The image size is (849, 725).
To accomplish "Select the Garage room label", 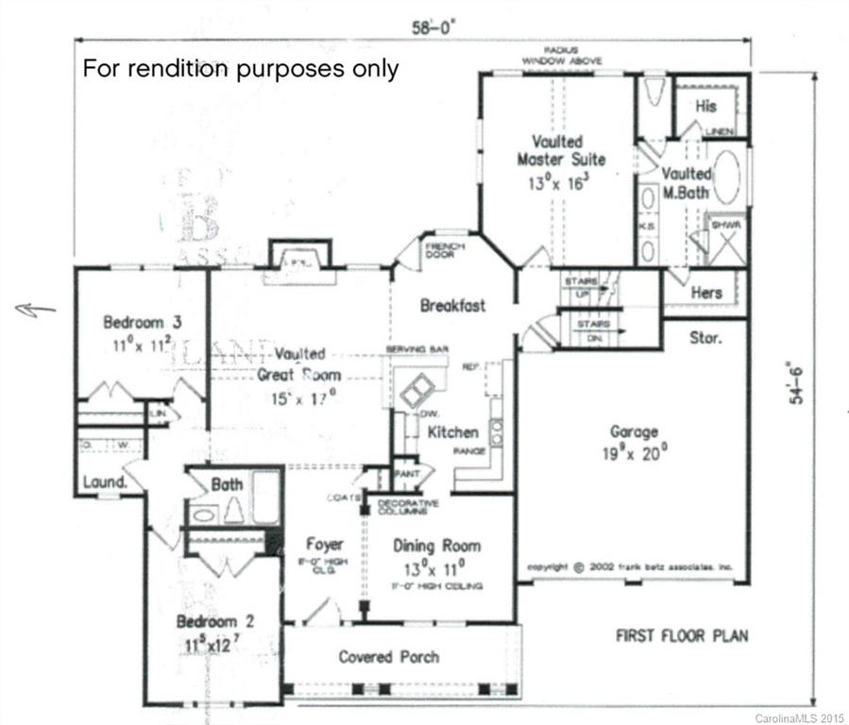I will [x=633, y=432].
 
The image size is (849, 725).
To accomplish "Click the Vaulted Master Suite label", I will [x=561, y=151].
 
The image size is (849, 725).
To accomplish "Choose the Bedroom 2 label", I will [x=214, y=623].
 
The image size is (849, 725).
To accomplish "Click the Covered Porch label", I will [x=388, y=656].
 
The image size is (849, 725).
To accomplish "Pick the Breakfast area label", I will [x=452, y=305].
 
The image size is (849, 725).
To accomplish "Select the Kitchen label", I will [x=453, y=432].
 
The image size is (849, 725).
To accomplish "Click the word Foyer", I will [x=324, y=545].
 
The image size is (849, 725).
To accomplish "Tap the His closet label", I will [x=705, y=107].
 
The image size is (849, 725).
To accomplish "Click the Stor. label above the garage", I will [x=706, y=337].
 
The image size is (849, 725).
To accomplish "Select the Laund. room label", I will [x=105, y=482].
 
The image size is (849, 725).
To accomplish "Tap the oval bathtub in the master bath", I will [x=725, y=177].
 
